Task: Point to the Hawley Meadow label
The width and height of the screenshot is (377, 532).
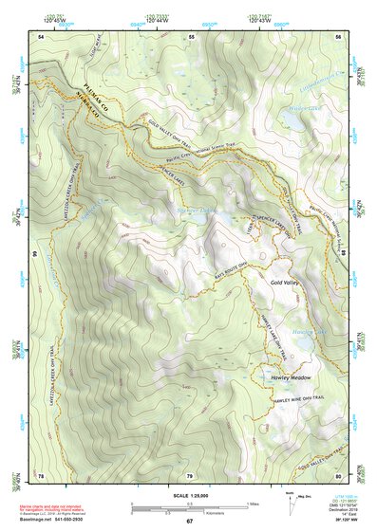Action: point(291,377)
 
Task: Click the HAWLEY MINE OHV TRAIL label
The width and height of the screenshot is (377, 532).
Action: point(293,401)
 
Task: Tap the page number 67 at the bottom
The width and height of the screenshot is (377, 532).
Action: point(189,522)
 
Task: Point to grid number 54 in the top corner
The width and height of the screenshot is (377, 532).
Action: point(41,36)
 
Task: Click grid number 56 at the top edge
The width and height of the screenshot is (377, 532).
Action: point(338,36)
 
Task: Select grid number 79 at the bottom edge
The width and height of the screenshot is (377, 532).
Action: point(189,475)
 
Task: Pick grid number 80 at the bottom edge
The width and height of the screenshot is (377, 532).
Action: point(338,475)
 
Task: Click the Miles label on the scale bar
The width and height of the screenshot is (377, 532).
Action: point(252,503)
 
